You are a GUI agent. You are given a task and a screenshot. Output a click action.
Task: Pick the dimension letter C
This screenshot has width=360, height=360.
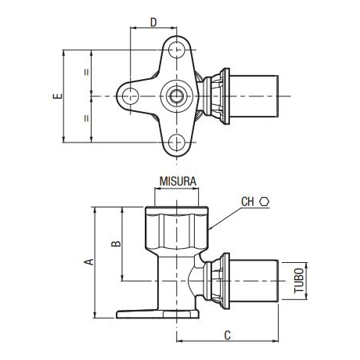point(227,336)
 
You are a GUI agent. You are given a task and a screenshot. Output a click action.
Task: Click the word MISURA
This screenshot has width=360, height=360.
point(178,180)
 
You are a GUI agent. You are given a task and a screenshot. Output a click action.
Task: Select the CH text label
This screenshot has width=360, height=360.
point(248,202)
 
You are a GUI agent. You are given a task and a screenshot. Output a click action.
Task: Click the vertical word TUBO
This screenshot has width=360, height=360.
point(299,278)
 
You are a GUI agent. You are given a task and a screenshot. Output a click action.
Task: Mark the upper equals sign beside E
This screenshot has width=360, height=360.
point(86,74)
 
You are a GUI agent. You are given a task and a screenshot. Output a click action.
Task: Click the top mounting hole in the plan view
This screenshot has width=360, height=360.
point(177,50)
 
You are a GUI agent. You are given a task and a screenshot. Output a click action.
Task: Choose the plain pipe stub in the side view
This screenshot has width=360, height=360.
point(258,278)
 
